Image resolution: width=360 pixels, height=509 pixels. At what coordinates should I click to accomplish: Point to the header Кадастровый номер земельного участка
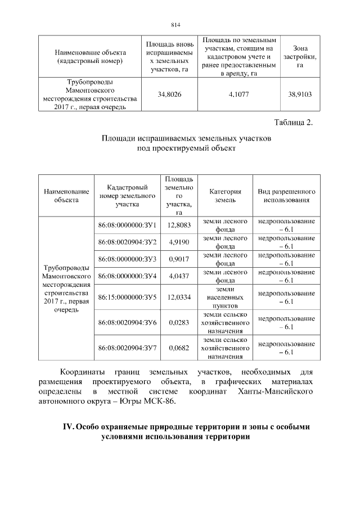pos(127,196)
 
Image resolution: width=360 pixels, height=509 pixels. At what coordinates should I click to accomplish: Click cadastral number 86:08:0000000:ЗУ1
pos(127,226)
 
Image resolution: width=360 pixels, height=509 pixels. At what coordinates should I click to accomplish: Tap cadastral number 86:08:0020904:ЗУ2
pos(127,242)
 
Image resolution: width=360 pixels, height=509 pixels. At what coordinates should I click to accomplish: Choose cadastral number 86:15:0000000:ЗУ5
pos(127,296)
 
